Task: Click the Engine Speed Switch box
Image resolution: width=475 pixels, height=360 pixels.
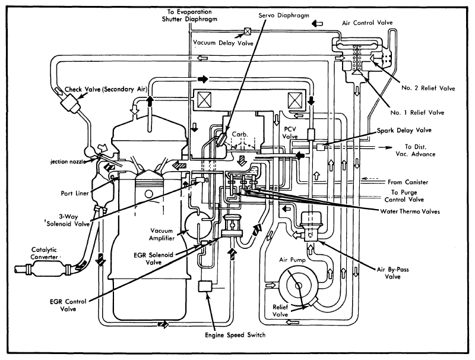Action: tap(206, 286)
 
